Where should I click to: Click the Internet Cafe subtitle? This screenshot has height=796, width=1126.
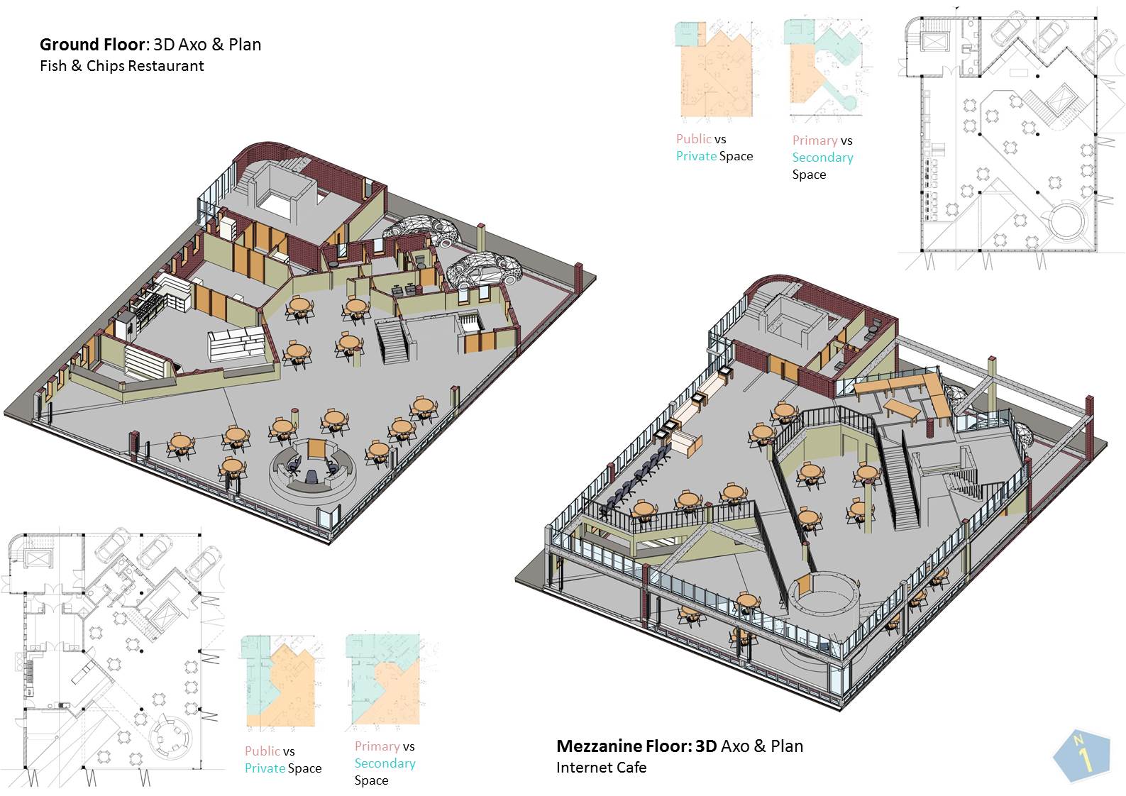coord(601,767)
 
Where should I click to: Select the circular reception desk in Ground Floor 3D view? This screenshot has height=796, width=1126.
coord(313,472)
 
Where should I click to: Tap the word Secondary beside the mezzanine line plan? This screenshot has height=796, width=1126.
coord(822,157)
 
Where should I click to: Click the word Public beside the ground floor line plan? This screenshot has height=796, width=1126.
coord(262,751)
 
